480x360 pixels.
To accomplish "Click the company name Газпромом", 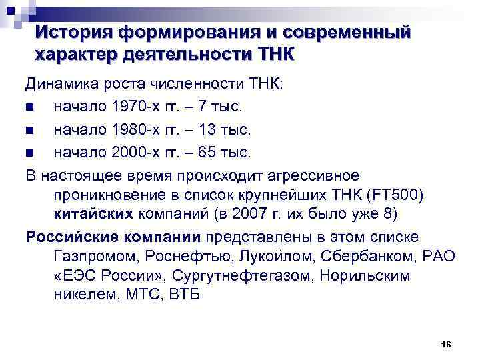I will pos(93,256).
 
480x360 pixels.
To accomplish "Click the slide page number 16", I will pos(446,344).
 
